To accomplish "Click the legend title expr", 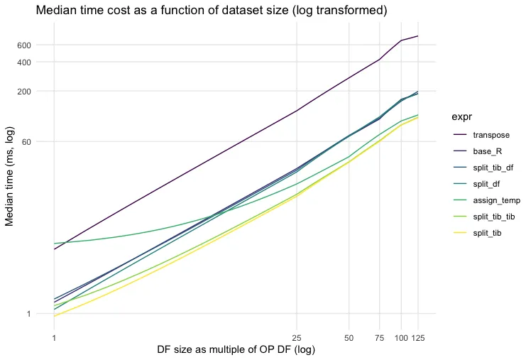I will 465,116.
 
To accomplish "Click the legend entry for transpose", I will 491,135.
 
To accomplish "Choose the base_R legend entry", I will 488,151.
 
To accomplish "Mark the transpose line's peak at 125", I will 417,36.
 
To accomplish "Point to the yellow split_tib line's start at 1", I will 54,316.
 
